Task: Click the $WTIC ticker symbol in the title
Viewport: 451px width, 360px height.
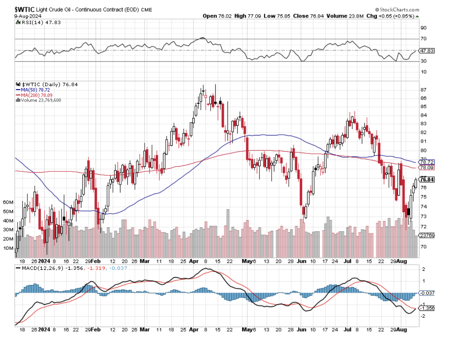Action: point(25,9)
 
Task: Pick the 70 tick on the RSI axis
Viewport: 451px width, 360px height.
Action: point(424,39)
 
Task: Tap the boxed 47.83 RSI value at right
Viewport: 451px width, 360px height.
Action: point(426,51)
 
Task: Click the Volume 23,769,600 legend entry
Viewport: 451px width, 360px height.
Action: point(41,100)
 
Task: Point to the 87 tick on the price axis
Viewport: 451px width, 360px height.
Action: point(423,90)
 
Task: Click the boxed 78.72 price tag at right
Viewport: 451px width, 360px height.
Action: point(426,162)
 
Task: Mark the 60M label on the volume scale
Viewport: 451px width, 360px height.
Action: point(8,202)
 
